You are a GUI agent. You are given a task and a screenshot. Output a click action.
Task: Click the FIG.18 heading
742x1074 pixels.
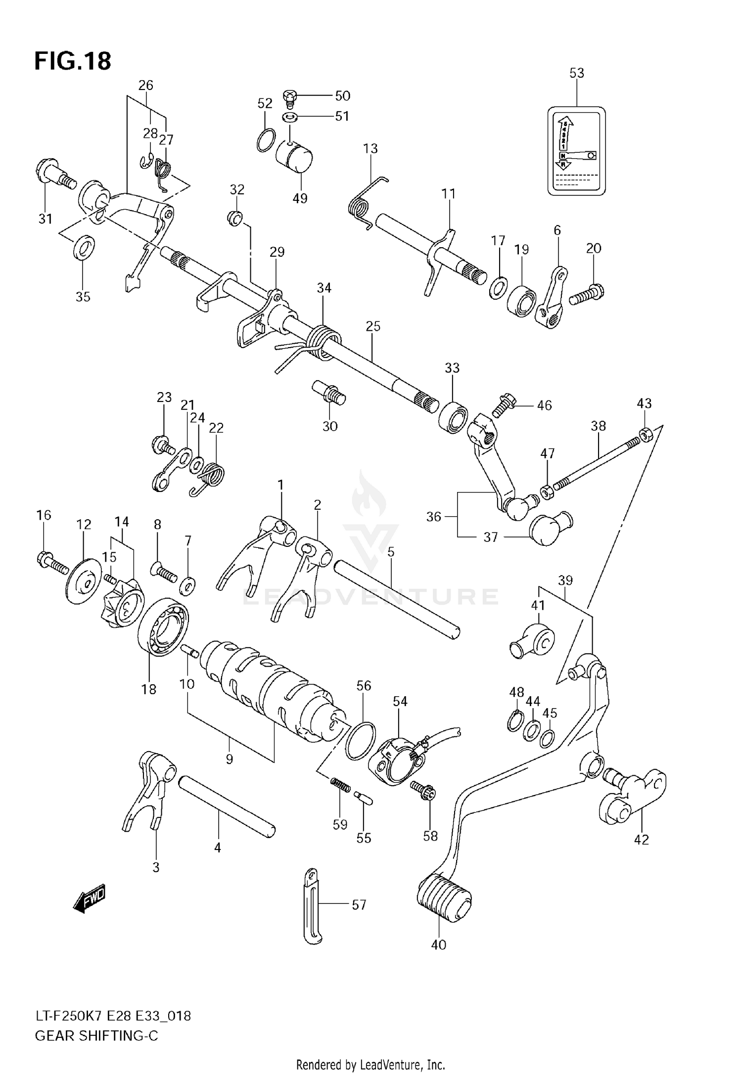[x=73, y=61]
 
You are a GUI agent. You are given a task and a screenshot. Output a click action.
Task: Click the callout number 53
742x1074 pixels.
[x=576, y=73]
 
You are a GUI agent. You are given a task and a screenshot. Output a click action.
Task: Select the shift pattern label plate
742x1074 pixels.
[x=576, y=151]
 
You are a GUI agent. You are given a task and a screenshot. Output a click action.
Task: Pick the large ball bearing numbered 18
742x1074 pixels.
[x=164, y=626]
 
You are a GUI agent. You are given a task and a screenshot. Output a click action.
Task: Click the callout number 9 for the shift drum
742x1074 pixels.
[x=229, y=759]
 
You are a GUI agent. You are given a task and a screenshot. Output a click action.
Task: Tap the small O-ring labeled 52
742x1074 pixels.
[x=266, y=140]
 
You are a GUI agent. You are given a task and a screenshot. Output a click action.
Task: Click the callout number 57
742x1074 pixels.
[x=359, y=905]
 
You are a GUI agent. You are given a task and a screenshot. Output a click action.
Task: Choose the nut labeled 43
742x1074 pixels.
[x=646, y=434]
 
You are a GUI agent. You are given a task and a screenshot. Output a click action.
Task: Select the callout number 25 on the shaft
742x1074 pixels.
[x=373, y=326]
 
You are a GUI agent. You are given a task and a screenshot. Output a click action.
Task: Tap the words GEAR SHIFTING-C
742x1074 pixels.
[x=96, y=1036]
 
